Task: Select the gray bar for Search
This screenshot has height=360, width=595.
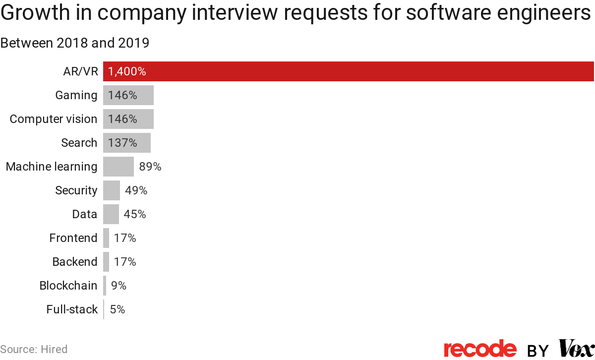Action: click(126, 143)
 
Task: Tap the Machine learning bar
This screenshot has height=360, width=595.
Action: click(118, 167)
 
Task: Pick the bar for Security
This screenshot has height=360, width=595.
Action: click(112, 190)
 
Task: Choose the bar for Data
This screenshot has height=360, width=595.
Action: click(111, 214)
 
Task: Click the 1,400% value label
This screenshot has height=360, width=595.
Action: click(127, 71)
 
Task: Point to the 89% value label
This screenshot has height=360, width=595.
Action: click(150, 167)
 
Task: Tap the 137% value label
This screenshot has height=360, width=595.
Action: click(122, 143)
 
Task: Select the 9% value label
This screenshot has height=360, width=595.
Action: click(119, 286)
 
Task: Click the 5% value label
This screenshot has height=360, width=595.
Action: click(118, 309)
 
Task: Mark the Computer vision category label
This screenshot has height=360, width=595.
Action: click(54, 119)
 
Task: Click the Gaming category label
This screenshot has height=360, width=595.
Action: click(76, 95)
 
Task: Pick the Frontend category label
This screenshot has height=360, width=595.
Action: click(73, 238)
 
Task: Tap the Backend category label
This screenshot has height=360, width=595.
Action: click(75, 262)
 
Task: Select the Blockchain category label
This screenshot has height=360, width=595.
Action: click(68, 286)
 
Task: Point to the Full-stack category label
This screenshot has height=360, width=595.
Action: click(72, 309)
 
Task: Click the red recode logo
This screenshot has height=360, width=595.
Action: click(480, 349)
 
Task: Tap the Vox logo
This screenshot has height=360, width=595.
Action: click(576, 348)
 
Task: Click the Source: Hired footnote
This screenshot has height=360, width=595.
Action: click(34, 349)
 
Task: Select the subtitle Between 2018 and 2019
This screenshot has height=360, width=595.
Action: click(75, 43)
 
